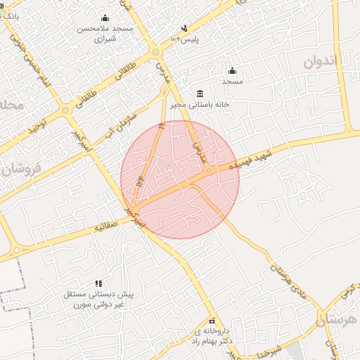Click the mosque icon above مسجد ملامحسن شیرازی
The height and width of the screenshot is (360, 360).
click(x=105, y=18)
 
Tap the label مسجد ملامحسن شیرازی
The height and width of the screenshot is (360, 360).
click(x=105, y=33)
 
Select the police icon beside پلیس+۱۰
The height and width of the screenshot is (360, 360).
click(x=184, y=29)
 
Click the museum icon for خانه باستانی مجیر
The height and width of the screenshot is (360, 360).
click(x=200, y=94)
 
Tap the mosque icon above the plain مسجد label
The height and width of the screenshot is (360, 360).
click(x=232, y=70)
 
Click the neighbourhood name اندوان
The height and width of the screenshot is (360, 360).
click(x=330, y=62)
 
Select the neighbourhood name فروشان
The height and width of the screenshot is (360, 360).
click(x=21, y=169)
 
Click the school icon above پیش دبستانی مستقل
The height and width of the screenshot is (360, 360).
click(x=98, y=283)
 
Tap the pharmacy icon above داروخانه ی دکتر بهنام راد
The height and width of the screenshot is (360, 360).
click(x=212, y=321)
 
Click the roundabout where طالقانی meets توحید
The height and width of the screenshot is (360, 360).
click(x=65, y=110)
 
